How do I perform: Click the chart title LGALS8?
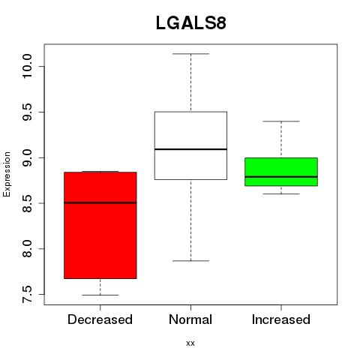click(x=191, y=23)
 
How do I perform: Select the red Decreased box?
click(x=100, y=225)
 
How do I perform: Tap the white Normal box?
click(x=190, y=145)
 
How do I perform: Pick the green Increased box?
click(x=281, y=172)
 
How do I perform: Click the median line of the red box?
click(x=100, y=202)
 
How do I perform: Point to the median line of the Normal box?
click(x=190, y=149)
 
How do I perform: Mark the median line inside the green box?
click(x=281, y=177)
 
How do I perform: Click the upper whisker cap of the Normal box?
click(x=190, y=54)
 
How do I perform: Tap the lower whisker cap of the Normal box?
click(x=190, y=261)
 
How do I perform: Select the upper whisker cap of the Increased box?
click(x=281, y=121)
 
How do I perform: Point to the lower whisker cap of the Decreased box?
click(x=100, y=295)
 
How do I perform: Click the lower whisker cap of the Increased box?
click(x=281, y=193)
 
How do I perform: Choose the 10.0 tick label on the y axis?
click(x=27, y=66)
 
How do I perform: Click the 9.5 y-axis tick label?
click(x=27, y=112)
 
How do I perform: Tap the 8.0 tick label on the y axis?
click(x=27, y=249)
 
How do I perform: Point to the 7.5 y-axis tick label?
click(x=27, y=295)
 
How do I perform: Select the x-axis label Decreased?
click(x=100, y=319)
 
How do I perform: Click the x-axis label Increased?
click(x=281, y=319)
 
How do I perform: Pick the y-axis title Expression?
click(x=7, y=174)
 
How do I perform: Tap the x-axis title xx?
click(x=190, y=343)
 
